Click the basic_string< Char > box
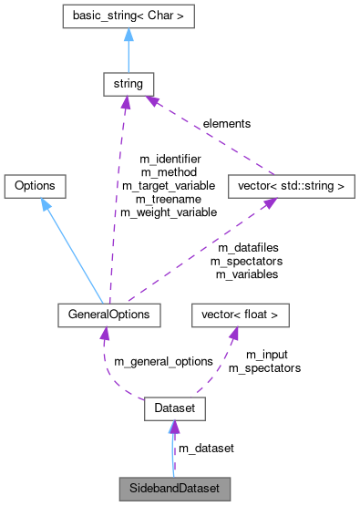[128, 15]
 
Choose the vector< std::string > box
[289, 186]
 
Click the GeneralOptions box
[108, 315]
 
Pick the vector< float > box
[240, 315]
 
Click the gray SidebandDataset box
[174, 488]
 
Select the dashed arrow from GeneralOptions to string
[119, 201]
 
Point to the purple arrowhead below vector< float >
[233, 334]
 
